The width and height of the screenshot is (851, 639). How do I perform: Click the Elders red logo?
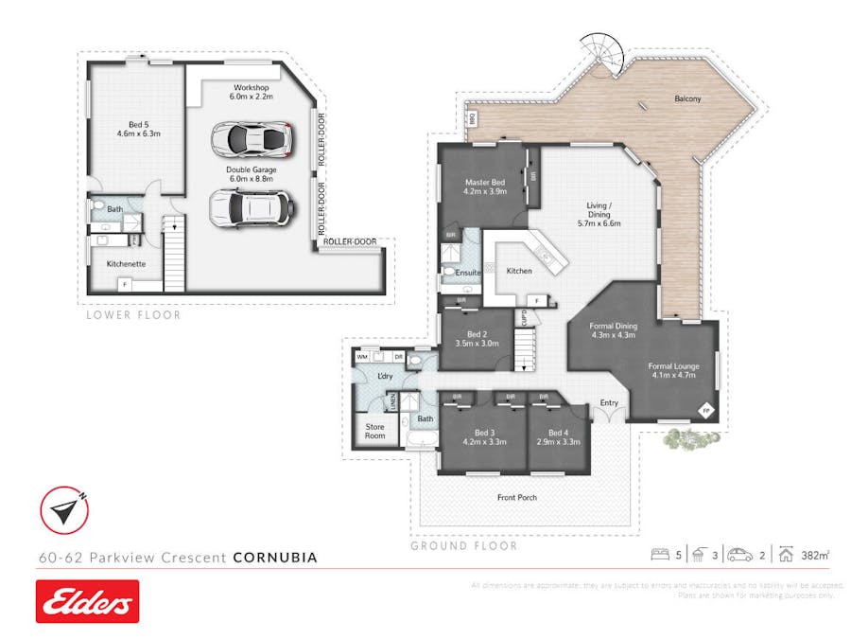tap(87, 601)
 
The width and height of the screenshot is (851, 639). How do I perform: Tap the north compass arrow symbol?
tap(64, 511)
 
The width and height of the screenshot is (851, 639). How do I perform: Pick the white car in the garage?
tap(250, 207)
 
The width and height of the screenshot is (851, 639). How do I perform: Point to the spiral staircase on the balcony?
tap(601, 55)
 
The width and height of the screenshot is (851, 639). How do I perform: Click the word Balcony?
tap(687, 98)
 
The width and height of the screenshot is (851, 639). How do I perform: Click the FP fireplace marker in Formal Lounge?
tap(703, 410)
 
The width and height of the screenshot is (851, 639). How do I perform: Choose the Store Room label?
tap(375, 431)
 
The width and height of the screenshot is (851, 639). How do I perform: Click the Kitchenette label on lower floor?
tap(126, 264)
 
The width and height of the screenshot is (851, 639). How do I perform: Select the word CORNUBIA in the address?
tap(275, 558)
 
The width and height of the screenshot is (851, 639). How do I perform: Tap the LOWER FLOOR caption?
tap(133, 314)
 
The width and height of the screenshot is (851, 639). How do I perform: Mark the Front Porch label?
tap(517, 496)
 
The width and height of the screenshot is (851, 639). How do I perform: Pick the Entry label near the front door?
tap(608, 403)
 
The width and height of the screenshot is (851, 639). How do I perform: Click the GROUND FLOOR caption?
tap(463, 545)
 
